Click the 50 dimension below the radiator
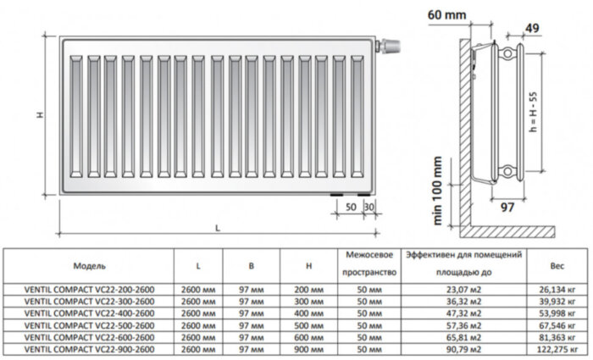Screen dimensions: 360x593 pyautogui.click(x=350, y=206)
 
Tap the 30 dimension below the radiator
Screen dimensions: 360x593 pyautogui.click(x=368, y=206)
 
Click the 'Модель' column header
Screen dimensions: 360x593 pyautogui.click(x=89, y=265)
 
